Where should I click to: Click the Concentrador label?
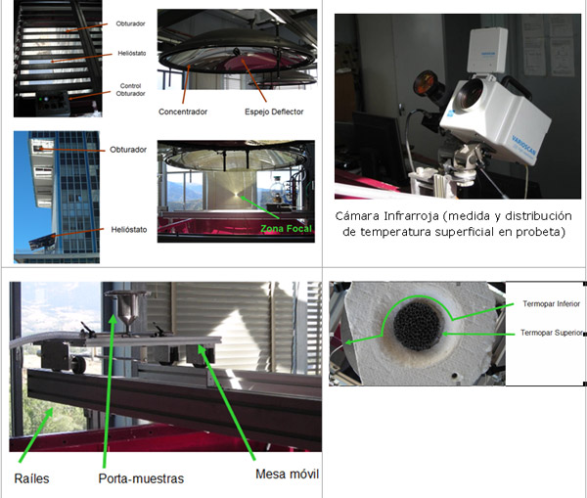[x=183, y=112]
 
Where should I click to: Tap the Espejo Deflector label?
[x=274, y=112]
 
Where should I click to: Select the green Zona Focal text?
[x=286, y=228]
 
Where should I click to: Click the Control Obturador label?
[x=130, y=89]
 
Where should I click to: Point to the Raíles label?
[x=31, y=478]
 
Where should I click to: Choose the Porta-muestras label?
[x=141, y=478]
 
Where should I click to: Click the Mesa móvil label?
[x=287, y=475]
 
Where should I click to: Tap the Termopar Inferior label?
[x=551, y=303]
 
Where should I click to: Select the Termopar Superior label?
[x=552, y=333]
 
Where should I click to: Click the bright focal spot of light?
[x=236, y=194]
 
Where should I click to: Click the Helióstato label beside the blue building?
[x=129, y=230]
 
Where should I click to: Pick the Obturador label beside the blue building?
[x=128, y=150]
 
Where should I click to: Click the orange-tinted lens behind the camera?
[x=428, y=83]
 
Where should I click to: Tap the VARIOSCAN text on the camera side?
[x=523, y=147]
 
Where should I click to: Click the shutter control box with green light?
[x=53, y=104]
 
